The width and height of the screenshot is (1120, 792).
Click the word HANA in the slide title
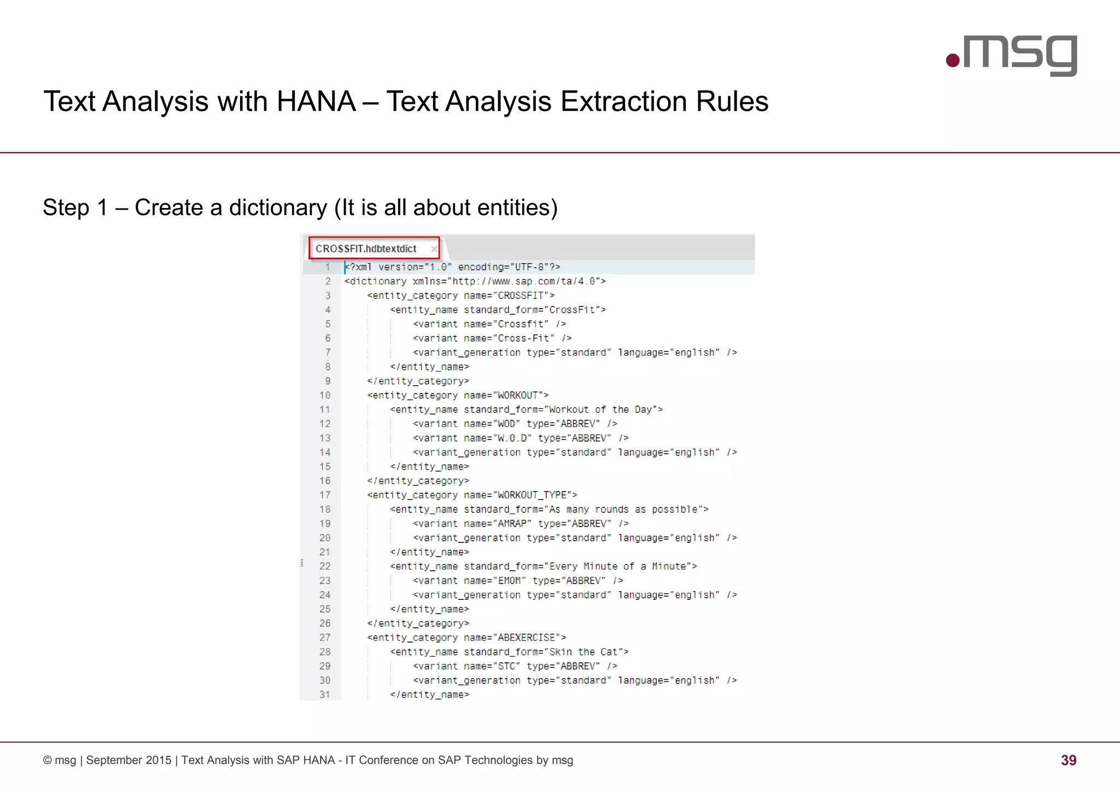(316, 102)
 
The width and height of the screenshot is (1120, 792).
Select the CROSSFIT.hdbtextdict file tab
(366, 248)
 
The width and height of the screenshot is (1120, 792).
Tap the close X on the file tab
(434, 249)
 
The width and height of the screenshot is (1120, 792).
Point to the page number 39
(1068, 760)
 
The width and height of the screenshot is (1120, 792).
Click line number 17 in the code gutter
(325, 495)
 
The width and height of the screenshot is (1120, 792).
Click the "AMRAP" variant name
(514, 523)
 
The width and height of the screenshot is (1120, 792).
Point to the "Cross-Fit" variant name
(526, 338)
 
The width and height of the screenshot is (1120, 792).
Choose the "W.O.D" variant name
(514, 438)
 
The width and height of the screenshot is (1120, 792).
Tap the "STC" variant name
(506, 666)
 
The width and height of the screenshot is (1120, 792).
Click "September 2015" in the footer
(129, 760)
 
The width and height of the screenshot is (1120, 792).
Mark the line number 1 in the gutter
(327, 267)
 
